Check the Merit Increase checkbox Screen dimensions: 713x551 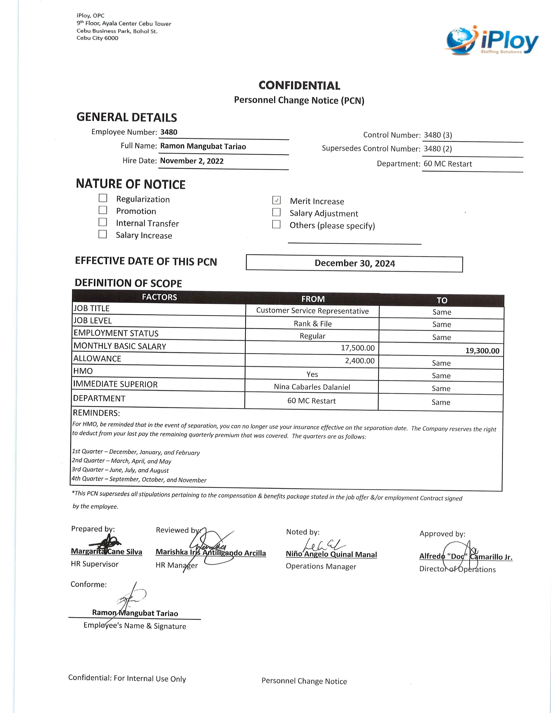point(277,200)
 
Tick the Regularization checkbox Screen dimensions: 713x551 point(103,198)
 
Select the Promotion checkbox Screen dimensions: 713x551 point(103,210)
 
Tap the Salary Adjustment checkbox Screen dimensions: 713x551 point(277,212)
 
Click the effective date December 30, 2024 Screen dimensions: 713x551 point(355,263)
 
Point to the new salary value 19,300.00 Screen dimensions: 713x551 point(482,351)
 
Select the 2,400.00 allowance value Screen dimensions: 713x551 point(360,361)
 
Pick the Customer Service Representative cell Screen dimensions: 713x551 point(312,311)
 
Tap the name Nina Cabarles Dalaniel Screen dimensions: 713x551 point(312,387)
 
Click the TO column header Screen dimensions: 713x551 point(442,300)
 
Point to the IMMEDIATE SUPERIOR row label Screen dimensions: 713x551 point(115,384)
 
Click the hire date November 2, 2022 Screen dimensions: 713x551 point(192,161)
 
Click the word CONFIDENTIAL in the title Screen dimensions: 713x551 point(299,86)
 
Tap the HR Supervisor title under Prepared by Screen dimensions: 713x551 point(95,564)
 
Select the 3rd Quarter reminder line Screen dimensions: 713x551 point(120,470)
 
